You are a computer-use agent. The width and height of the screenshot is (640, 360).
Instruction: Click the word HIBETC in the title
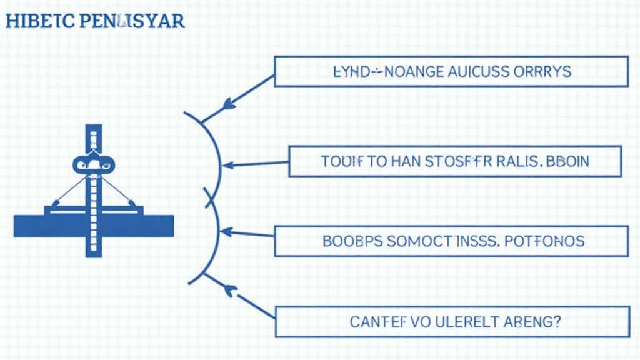coord(39,21)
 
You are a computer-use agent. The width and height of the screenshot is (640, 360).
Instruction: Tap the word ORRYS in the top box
coord(544,71)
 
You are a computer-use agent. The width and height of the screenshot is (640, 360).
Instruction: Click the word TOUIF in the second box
coord(341,161)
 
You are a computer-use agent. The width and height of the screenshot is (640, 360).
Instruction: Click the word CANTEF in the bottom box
coord(376,322)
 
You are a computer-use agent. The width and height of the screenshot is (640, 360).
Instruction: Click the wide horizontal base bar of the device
coord(94,226)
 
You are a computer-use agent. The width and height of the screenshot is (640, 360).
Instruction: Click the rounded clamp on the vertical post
coord(94,164)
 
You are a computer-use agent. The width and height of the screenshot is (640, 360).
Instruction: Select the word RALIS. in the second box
coord(517,161)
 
